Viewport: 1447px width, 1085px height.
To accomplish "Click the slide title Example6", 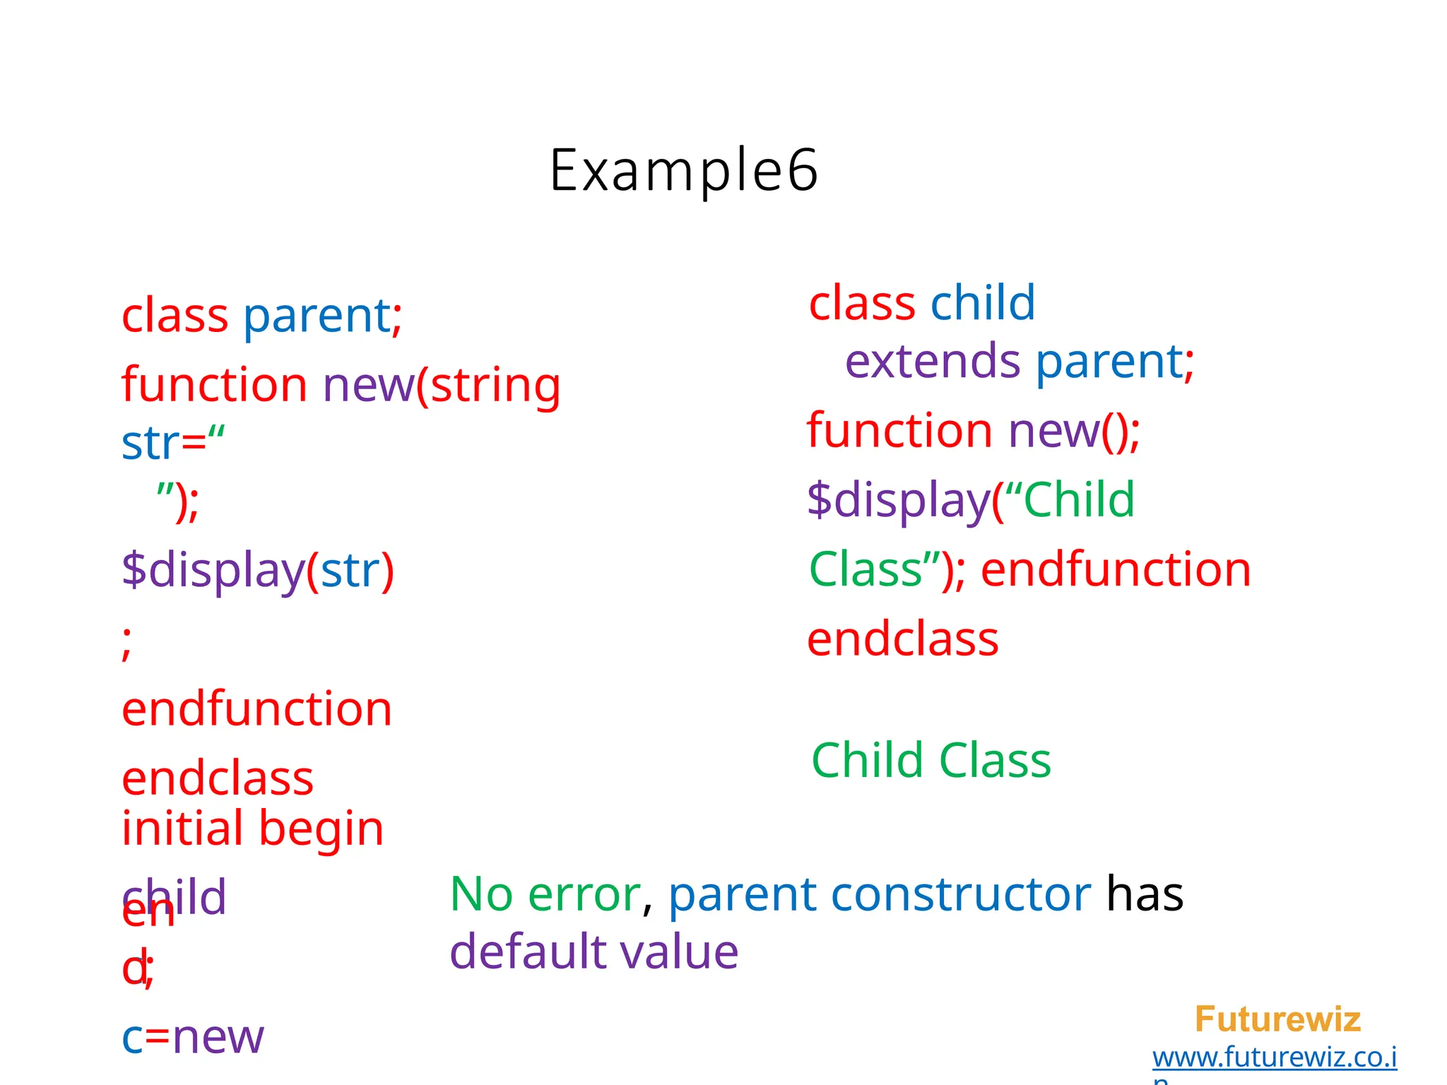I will click(x=683, y=170).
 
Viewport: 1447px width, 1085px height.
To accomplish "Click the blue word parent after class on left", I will click(x=317, y=315).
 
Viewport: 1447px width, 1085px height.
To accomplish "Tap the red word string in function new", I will click(x=495, y=385).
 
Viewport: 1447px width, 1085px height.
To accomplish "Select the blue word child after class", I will click(x=982, y=303).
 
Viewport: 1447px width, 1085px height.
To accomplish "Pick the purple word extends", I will click(x=932, y=361).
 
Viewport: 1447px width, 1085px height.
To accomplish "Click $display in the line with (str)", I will click(x=213, y=570).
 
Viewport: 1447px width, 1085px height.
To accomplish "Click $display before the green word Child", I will click(x=898, y=500).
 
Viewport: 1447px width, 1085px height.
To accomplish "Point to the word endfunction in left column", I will click(x=256, y=708).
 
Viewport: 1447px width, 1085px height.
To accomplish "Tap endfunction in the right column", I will click(x=1116, y=569).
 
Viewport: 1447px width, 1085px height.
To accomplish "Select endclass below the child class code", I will click(x=902, y=639).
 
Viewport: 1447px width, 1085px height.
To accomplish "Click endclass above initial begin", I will click(x=218, y=778).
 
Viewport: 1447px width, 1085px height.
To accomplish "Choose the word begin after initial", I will click(x=321, y=828).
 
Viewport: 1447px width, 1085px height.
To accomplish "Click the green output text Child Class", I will click(x=931, y=760).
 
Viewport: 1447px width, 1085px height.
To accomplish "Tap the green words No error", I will click(x=545, y=894).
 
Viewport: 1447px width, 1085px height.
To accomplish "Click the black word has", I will click(x=1144, y=894).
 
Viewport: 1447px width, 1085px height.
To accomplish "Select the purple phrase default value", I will click(x=593, y=951).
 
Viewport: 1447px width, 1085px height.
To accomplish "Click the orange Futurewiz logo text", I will click(x=1277, y=1019).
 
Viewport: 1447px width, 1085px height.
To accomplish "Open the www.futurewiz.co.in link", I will click(x=1274, y=1057).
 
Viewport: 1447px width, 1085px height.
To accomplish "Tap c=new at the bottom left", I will click(x=192, y=1037).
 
